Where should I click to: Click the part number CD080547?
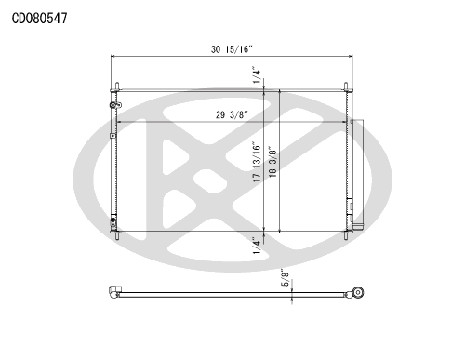point(39,19)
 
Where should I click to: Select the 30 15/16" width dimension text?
point(232,49)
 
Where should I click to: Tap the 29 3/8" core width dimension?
point(232,115)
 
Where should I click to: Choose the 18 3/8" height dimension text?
point(272,162)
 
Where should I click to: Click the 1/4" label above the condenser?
point(257,74)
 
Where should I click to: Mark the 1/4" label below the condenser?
point(257,246)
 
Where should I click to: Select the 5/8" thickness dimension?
point(286,277)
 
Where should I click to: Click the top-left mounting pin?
point(117,87)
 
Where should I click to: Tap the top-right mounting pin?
point(346,87)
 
